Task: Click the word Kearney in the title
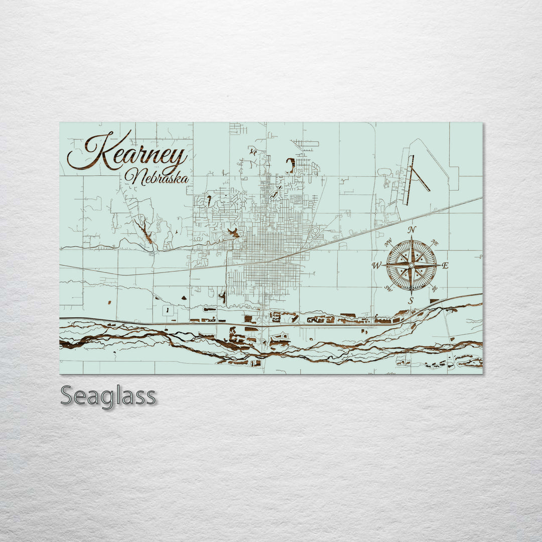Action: click(128, 151)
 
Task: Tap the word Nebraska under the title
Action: click(157, 177)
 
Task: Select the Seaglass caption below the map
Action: click(108, 396)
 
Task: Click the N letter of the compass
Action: click(412, 230)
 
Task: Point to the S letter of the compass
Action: click(411, 301)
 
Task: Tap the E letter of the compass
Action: click(445, 265)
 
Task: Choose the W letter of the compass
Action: click(376, 265)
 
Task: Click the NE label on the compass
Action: click(435, 243)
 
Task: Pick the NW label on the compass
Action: click(388, 243)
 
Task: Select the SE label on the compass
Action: click(435, 288)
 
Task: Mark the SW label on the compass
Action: click(388, 288)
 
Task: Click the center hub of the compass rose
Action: click(412, 265)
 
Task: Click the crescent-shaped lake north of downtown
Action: click(291, 165)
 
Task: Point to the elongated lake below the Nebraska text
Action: click(146, 230)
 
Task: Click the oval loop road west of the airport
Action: click(384, 172)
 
